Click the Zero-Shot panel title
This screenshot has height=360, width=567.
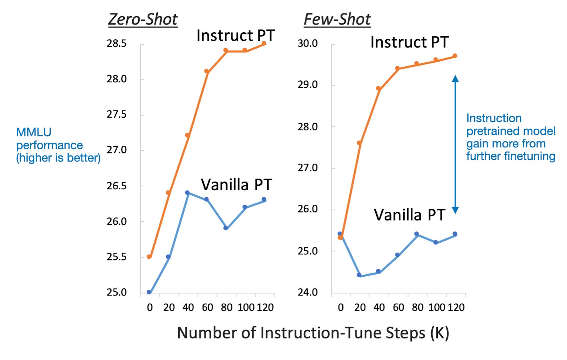point(143,19)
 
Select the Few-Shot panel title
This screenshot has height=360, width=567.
point(337,19)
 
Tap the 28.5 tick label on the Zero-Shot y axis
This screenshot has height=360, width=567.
point(117,44)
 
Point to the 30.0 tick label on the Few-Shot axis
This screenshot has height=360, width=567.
point(308,43)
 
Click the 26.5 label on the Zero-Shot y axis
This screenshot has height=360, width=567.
point(117,186)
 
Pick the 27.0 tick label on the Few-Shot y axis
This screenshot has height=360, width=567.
point(308,168)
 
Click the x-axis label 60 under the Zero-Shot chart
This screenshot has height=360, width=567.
point(207,307)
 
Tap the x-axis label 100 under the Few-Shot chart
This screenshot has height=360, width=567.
point(437,307)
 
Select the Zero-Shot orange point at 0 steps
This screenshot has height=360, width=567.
point(149,257)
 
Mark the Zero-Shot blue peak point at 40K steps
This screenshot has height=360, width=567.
point(187,193)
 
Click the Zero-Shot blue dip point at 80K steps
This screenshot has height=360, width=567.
point(226,228)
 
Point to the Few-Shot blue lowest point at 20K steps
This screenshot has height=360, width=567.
point(359,275)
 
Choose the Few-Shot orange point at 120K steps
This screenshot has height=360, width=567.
point(455,56)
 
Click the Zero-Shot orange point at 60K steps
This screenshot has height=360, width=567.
point(207,71)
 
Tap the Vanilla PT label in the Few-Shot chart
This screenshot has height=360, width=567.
point(409,215)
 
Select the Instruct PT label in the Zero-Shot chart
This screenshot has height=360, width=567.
point(236,35)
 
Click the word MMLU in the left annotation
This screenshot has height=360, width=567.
point(34,132)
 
